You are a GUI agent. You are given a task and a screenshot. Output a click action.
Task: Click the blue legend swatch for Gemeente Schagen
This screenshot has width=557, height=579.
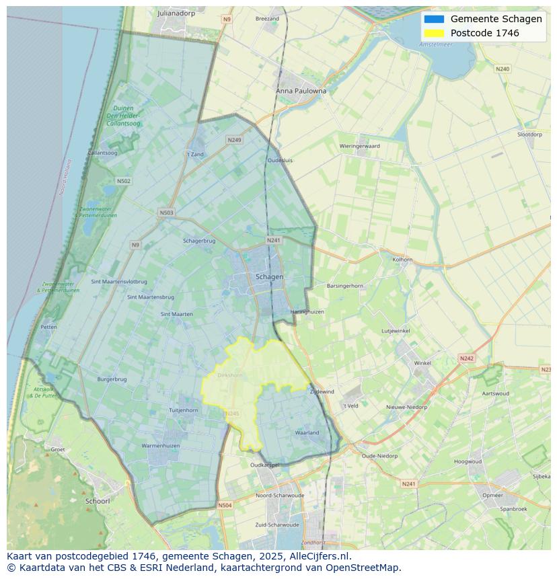pos(434,19)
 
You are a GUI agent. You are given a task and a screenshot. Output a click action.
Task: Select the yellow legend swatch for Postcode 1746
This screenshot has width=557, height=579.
pos(434,33)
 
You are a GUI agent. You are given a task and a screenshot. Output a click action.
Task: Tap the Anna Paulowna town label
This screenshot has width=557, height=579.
pos(301,91)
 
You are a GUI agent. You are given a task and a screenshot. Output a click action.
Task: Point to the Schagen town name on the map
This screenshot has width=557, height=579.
pos(269,276)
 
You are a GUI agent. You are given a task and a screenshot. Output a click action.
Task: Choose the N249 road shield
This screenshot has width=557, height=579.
pos(234,140)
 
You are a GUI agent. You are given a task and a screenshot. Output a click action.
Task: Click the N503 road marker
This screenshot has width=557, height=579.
pos(166,213)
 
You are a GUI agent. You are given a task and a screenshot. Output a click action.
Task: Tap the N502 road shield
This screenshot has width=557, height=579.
pos(123,181)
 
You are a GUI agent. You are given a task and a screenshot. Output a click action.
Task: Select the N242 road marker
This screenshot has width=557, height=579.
pos(466,358)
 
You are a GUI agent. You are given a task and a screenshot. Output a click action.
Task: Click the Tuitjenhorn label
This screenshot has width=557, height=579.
pos(183,410)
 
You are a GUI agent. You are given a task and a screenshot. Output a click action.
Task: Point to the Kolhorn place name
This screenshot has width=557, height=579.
pos(402,259)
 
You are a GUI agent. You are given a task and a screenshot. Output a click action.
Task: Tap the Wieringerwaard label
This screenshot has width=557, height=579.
pos(359,146)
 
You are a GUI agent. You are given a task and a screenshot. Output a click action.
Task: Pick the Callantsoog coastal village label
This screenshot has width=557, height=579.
pos(102,153)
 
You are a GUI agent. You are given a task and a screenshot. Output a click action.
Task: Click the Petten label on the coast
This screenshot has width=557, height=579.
pos(48,327)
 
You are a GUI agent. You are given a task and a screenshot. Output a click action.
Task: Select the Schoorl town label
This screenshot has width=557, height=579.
pos(97,501)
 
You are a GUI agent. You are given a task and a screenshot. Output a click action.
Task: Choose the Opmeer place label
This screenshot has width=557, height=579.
pos(492,495)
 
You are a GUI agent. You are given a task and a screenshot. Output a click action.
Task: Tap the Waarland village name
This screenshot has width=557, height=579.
pos(307,432)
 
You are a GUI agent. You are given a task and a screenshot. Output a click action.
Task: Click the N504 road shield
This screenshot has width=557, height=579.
pos(225,505)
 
